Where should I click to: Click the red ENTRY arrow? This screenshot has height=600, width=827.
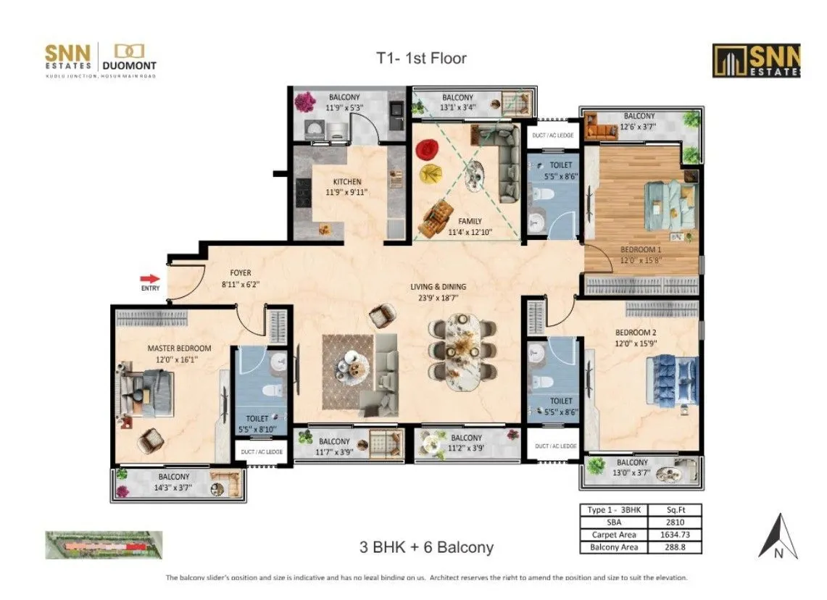point(150,278)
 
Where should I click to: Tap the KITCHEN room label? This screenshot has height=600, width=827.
point(346,182)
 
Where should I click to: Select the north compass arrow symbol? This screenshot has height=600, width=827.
point(778,536)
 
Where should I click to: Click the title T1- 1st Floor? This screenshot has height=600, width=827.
point(420,58)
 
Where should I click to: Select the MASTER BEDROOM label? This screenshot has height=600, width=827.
point(179,348)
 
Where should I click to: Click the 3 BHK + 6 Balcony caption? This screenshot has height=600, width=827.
point(426,546)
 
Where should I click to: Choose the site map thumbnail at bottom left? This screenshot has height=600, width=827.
point(104,545)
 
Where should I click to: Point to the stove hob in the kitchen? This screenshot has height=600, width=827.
point(304,194)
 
